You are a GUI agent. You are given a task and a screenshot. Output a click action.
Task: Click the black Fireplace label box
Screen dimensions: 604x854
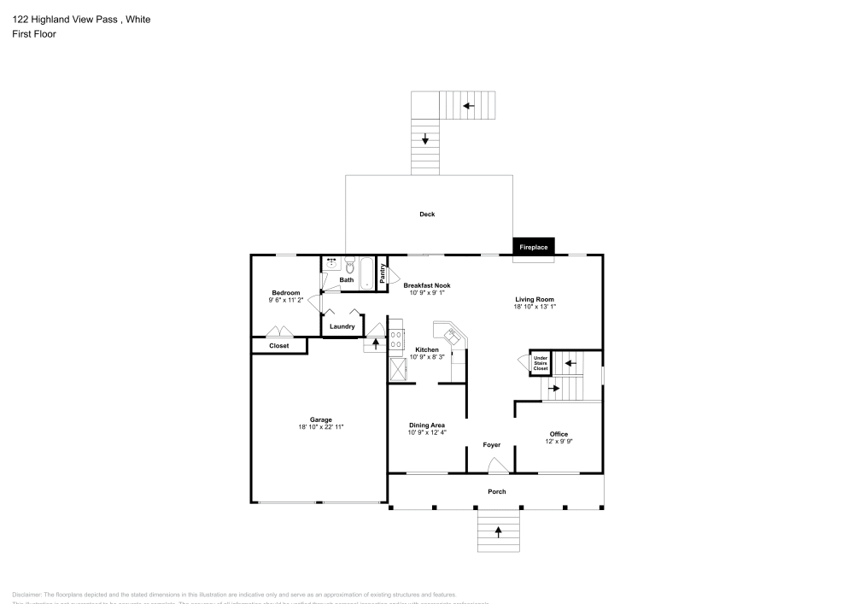[534, 247]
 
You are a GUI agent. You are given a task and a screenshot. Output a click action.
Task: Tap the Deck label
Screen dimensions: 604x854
[427, 214]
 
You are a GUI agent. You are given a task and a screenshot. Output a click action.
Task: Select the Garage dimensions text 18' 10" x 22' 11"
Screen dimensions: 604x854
[320, 426]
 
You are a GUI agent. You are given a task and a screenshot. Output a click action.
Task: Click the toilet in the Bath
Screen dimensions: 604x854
[349, 265]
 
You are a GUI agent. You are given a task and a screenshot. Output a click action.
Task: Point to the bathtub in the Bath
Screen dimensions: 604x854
[367, 273]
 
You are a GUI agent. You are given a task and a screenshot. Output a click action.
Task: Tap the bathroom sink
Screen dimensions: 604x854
[331, 263]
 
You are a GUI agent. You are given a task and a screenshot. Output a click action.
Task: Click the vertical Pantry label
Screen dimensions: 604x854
[382, 273]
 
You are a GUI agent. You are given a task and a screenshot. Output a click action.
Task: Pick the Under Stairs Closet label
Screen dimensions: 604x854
[541, 364]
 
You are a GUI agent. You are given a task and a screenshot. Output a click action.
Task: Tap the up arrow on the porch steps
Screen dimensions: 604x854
[498, 531]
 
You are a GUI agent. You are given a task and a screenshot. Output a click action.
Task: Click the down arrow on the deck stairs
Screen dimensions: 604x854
[425, 138]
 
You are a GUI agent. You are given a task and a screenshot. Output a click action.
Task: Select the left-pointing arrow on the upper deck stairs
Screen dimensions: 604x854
[467, 106]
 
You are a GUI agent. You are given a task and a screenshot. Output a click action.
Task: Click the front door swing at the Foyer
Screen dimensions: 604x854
[496, 465]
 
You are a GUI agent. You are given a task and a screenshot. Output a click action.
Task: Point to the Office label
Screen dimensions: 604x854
[559, 434]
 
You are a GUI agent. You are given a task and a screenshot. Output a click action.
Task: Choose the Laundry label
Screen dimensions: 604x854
[342, 326]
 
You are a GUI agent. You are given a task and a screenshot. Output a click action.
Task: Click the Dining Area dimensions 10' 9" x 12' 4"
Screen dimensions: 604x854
[427, 432]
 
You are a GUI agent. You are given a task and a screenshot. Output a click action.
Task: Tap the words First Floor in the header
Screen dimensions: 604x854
[34, 34]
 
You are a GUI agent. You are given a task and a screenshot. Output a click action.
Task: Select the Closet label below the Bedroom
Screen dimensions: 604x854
[278, 346]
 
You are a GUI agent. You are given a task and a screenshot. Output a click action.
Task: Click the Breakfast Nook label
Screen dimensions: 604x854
[427, 285]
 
